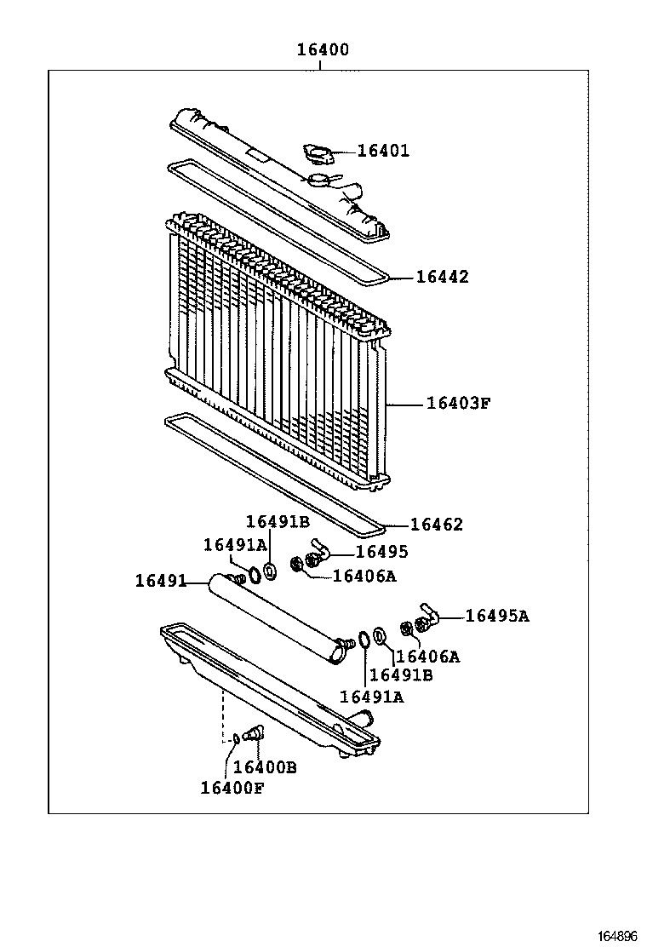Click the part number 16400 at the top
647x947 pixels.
(x=323, y=50)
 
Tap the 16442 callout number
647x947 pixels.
(x=442, y=277)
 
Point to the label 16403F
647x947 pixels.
(x=459, y=403)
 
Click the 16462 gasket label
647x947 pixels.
(x=437, y=525)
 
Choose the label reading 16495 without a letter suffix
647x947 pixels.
(x=381, y=552)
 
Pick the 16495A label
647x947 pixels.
(x=497, y=616)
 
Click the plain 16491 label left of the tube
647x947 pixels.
(x=160, y=581)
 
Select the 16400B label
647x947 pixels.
(x=265, y=767)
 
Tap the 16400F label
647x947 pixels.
(x=232, y=788)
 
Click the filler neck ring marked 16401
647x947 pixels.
(x=319, y=154)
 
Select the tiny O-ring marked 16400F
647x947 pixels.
(x=236, y=737)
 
